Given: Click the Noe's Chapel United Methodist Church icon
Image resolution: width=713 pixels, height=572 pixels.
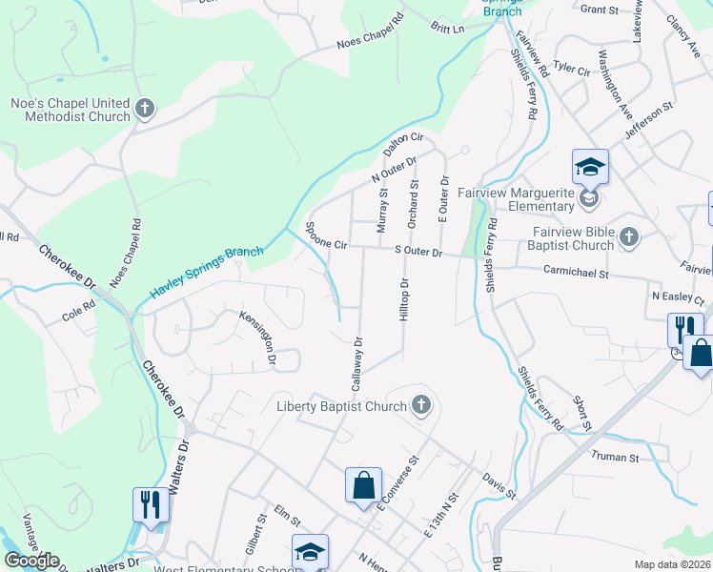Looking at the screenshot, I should (x=145, y=109).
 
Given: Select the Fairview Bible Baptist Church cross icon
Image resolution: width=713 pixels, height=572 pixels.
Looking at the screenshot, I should (x=628, y=236).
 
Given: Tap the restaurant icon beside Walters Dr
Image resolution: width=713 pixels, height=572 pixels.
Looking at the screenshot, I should (x=151, y=504).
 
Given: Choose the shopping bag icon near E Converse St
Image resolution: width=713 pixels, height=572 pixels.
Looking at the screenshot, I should (x=364, y=485).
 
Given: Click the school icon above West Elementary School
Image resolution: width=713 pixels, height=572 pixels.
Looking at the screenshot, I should (x=310, y=552).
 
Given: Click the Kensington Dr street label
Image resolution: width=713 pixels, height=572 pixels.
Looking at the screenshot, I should (x=257, y=337).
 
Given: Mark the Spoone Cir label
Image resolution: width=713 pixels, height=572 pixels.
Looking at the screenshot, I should (x=326, y=235).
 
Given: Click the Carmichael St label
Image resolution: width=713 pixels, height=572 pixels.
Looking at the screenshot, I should (x=575, y=273).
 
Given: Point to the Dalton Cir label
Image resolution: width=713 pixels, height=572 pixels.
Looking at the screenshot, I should (x=402, y=145).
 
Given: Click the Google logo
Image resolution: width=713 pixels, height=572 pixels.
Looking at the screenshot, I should (x=31, y=561).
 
